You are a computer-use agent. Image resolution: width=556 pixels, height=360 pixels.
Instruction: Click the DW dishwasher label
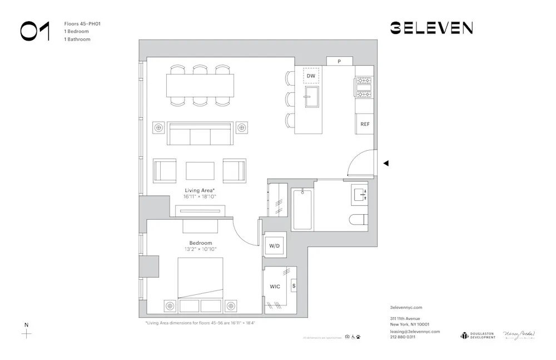coord(311,76)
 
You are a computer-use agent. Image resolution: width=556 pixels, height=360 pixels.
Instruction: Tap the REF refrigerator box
coord(365,124)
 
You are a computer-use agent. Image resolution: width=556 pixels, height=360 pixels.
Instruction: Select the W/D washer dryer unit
coord(275,245)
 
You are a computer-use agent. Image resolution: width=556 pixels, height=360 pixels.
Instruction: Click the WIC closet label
coord(275,287)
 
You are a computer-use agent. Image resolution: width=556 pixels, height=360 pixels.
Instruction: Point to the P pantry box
coord(339,61)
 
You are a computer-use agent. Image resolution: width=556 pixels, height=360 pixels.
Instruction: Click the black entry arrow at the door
coord(386,163)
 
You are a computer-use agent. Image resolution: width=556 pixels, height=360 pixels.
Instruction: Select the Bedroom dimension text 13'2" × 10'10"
coord(200,249)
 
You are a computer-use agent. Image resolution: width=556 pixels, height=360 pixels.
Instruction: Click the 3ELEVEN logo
coord(431,28)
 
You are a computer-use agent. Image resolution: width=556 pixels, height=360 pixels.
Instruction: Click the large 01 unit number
coord(35,31)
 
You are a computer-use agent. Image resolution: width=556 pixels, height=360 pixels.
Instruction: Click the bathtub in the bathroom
coord(302,210)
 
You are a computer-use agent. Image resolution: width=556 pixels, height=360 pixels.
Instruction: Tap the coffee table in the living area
coord(200,170)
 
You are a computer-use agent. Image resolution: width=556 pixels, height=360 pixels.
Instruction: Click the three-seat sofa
coord(200,134)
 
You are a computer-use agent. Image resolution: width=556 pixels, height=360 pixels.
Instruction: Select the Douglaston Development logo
coord(478,335)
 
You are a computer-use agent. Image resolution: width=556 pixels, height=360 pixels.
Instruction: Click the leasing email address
coord(415,331)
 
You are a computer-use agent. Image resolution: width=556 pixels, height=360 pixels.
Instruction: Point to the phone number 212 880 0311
coord(403,337)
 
